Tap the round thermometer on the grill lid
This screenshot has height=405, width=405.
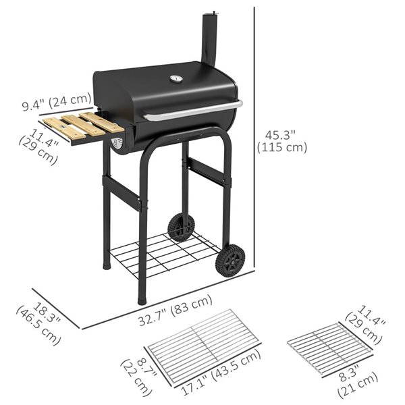point(177,79)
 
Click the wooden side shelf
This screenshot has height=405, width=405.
point(84,126)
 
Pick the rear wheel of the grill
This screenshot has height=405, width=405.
point(180,227)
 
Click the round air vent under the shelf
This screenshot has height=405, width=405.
point(117,143)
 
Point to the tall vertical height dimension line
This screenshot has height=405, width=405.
point(254,135)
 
